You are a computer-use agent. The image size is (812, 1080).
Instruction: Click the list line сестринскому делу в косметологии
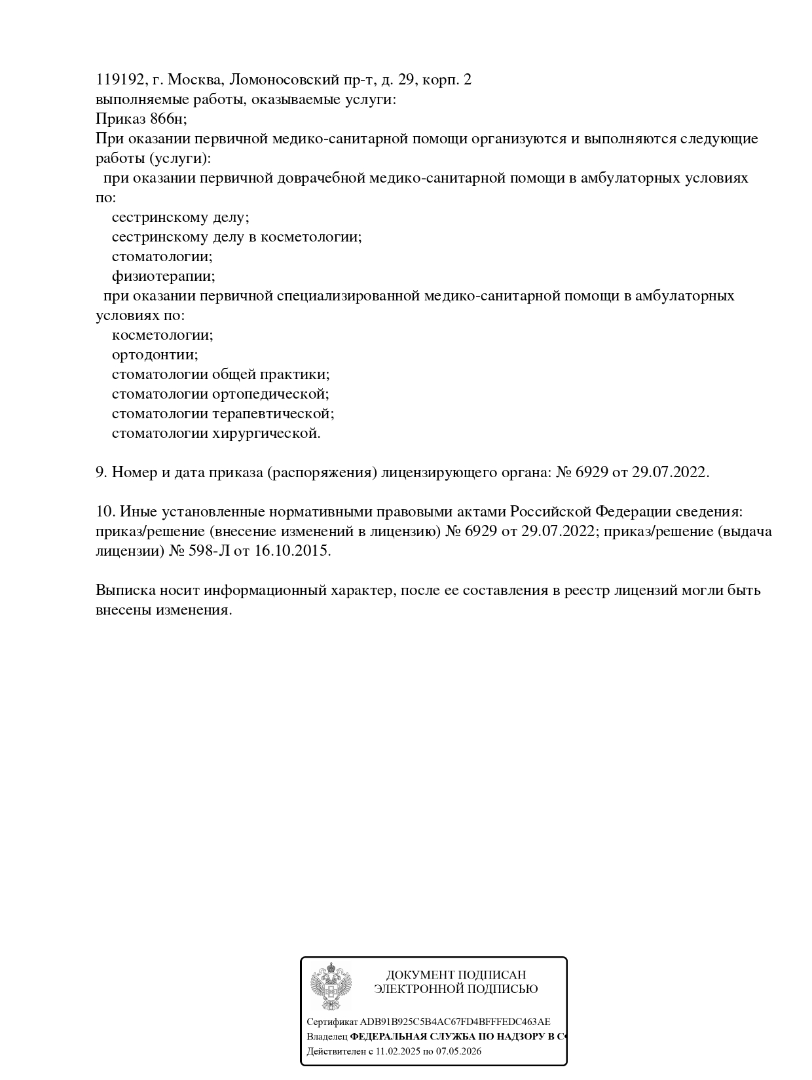click(x=236, y=237)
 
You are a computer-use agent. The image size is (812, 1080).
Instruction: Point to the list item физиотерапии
click(x=163, y=276)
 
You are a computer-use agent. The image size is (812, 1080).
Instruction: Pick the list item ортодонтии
click(x=155, y=355)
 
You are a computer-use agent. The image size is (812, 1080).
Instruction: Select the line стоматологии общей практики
click(x=221, y=374)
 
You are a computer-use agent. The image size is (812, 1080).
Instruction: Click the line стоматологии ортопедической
click(x=220, y=394)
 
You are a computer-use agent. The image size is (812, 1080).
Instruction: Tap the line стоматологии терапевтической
click(x=223, y=414)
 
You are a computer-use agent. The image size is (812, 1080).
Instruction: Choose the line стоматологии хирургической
click(x=216, y=433)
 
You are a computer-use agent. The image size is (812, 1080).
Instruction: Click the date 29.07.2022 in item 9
click(x=669, y=473)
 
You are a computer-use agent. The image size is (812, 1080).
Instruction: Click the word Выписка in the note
click(x=125, y=590)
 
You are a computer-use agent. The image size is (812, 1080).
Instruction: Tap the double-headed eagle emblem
click(x=331, y=987)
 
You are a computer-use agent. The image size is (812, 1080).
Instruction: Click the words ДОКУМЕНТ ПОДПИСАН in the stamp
click(x=456, y=975)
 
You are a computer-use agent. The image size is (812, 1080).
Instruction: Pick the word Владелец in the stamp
click(x=327, y=1037)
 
